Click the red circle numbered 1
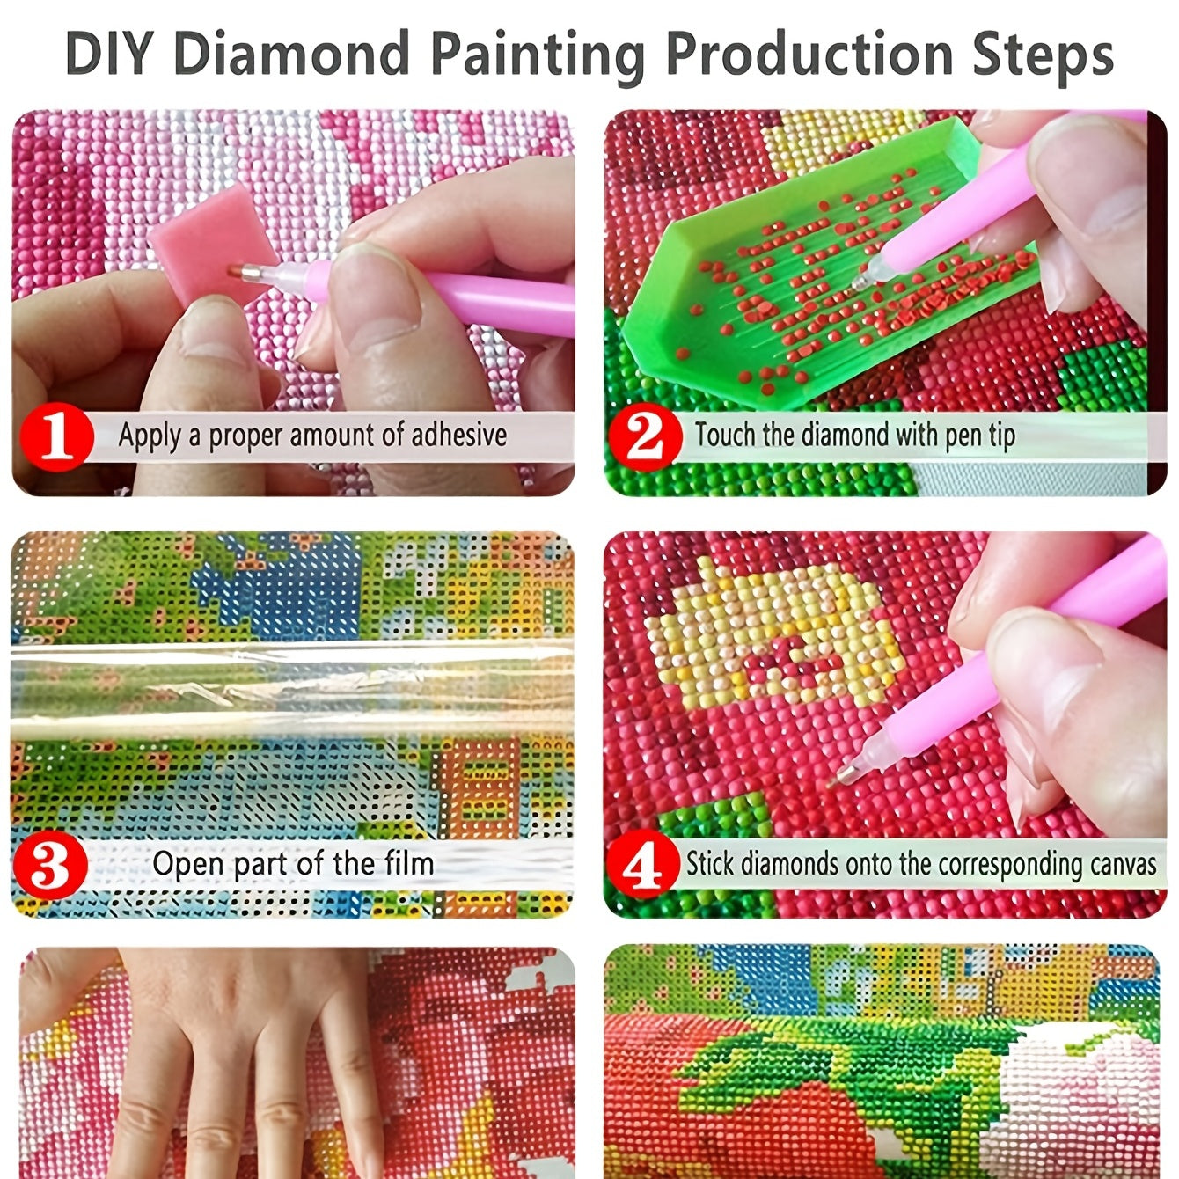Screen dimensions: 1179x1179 57,437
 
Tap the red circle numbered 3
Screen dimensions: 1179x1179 51,865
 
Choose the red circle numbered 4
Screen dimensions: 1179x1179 643,863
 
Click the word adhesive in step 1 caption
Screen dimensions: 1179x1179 458,435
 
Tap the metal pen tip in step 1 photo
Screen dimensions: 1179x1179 245,271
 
